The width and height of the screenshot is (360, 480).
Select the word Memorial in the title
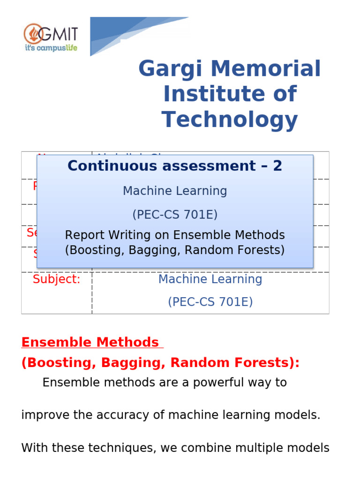pos(266,69)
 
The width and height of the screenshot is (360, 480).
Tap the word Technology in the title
pos(230,120)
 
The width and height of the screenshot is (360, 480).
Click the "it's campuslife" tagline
pos(51,48)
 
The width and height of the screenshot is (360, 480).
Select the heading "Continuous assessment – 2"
pos(175,165)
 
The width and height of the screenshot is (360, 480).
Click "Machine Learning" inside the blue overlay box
pos(175,191)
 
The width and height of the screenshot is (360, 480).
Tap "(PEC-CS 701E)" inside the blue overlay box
pos(175,215)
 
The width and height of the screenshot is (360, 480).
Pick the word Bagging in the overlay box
pos(157,250)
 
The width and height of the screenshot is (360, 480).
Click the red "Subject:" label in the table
pos(56,279)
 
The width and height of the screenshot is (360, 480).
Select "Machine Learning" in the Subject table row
pos(210,279)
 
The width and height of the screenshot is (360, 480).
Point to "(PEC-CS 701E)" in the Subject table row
pos(210,302)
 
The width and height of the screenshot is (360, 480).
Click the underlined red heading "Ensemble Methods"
pos(90,342)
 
